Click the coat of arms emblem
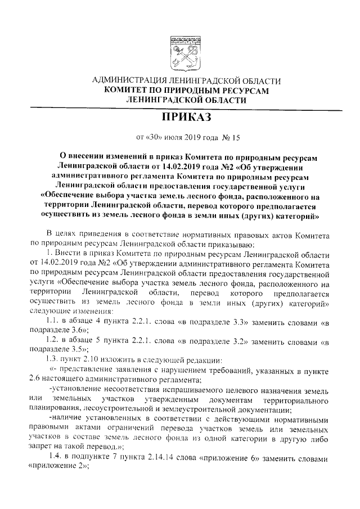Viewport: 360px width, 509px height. (x=180, y=54)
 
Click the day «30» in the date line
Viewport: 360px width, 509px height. (x=152, y=137)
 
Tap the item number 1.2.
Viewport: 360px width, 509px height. (x=56, y=342)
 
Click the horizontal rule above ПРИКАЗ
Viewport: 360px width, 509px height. (x=180, y=107)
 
